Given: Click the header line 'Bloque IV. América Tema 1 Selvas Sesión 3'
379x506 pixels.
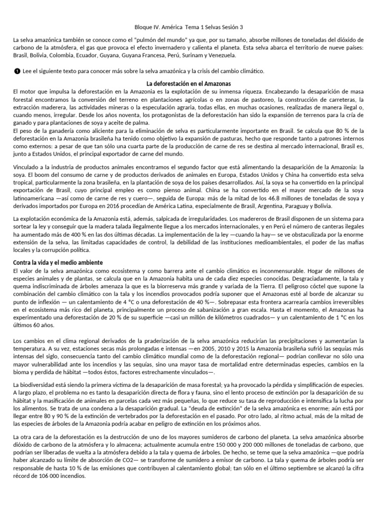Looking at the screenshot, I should pos(189,28).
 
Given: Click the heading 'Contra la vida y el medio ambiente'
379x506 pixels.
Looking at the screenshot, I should pos(58,262).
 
